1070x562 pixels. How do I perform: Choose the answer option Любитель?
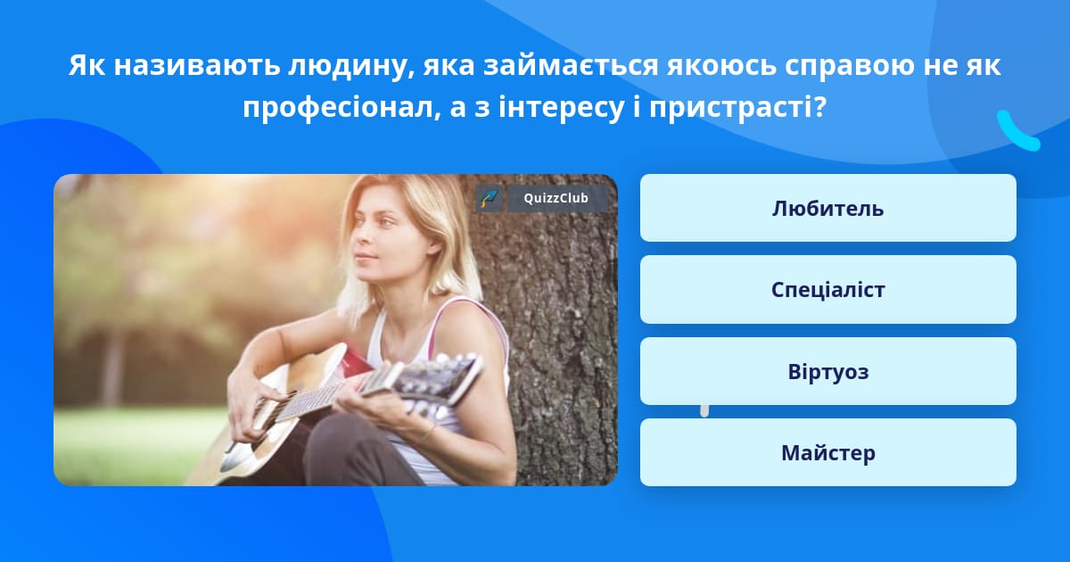827,208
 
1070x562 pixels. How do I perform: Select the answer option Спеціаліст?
827,290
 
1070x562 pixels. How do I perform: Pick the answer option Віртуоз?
827,371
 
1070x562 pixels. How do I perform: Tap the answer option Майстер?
827,452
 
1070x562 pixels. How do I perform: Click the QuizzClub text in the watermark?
556,198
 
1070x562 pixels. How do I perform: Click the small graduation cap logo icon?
490,198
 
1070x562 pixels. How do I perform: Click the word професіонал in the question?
342,108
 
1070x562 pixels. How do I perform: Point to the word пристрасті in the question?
737,108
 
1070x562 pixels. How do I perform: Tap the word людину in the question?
351,66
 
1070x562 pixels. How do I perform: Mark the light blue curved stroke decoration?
1017,131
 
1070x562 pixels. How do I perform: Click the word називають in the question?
197,66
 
